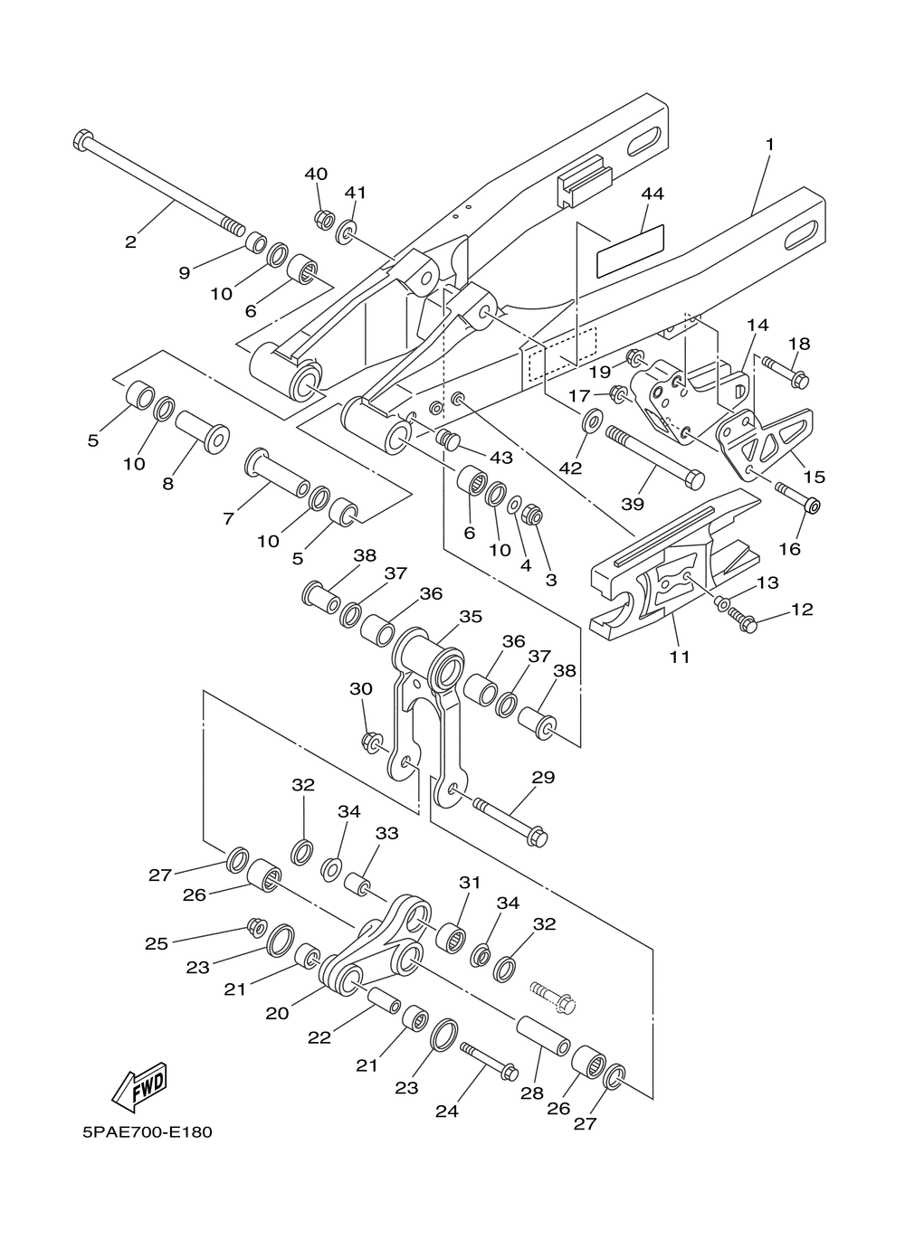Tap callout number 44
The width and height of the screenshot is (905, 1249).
pos(653,194)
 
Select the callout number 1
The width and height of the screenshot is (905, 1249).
pos(770,145)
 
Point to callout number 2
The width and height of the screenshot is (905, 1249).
pos(130,242)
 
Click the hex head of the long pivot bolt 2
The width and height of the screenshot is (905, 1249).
pos(82,139)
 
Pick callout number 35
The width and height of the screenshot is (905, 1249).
pos(471,617)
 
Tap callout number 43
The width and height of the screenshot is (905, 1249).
pos(500,458)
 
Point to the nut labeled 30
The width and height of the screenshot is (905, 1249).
pos(371,742)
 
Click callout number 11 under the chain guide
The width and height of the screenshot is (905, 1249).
pos(681,657)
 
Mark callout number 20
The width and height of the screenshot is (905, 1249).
pos(277,1013)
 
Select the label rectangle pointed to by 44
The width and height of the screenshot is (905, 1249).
pos(630,251)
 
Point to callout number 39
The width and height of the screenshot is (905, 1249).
pos(633,504)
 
